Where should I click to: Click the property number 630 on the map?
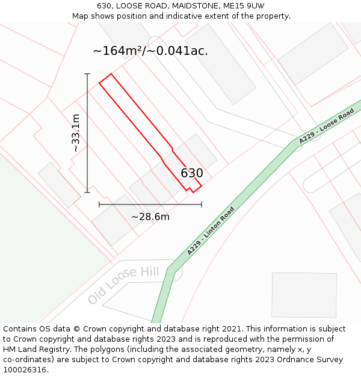(192, 173)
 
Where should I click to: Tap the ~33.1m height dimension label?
(76, 133)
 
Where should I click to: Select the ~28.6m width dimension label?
(150, 217)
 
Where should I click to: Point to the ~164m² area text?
(120, 51)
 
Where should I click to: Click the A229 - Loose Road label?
(326, 126)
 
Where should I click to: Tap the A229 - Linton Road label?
(211, 231)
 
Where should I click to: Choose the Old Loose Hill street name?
(123, 285)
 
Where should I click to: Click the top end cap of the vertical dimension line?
(87, 74)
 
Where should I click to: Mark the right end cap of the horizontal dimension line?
(202, 205)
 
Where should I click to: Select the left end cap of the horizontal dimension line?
(99, 205)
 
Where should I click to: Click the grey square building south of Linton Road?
(304, 295)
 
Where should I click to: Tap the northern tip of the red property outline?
(111, 75)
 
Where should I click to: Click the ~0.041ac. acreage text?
(177, 51)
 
